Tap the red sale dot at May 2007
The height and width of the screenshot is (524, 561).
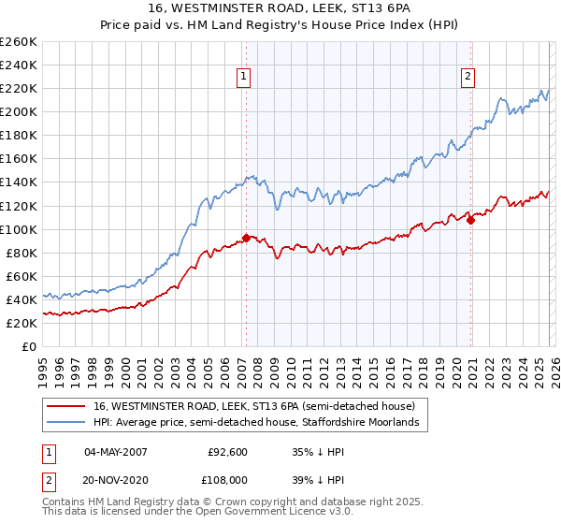(x=246, y=238)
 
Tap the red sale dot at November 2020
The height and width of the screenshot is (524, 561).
(x=470, y=220)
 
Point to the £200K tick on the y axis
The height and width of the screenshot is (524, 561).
(x=19, y=111)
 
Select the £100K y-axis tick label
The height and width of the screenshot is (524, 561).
(x=19, y=229)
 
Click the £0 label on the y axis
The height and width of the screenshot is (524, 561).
(x=29, y=346)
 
